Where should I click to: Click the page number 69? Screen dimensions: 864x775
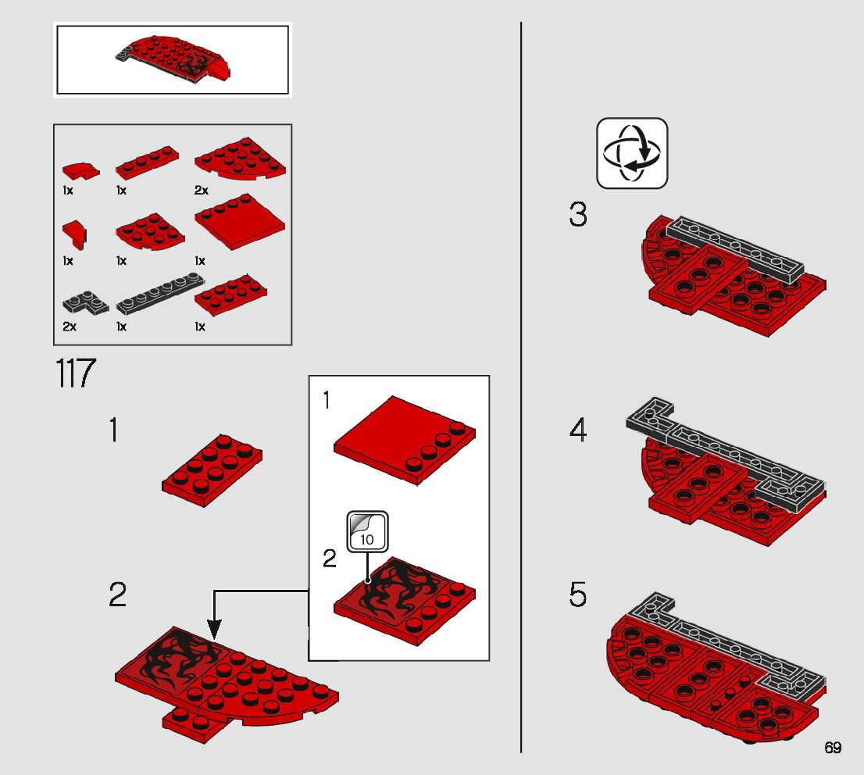[x=833, y=748]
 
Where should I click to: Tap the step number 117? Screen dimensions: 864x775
[x=76, y=373]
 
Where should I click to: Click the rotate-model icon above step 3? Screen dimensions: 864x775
[x=632, y=152]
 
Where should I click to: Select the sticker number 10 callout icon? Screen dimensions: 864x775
[x=367, y=532]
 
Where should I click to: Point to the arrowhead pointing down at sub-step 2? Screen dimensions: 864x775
[x=214, y=629]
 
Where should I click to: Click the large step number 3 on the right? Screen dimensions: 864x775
[x=578, y=214]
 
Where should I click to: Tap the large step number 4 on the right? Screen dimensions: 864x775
[x=578, y=430]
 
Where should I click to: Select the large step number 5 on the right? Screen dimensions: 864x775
[x=578, y=595]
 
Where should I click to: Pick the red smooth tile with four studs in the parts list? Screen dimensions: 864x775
[x=241, y=222]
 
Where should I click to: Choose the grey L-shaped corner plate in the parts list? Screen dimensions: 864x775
[x=86, y=302]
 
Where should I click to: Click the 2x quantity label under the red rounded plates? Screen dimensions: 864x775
[x=201, y=190]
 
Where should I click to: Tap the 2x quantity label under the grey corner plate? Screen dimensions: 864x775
[x=70, y=327]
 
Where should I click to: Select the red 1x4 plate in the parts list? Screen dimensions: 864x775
[x=147, y=162]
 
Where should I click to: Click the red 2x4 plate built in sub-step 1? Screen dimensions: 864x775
[x=212, y=470]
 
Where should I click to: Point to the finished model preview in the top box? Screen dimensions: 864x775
[x=173, y=59]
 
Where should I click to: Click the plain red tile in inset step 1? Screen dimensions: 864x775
[x=405, y=440]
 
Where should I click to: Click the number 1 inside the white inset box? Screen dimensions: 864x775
[x=327, y=400]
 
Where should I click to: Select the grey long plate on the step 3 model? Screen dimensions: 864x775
[x=734, y=250]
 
